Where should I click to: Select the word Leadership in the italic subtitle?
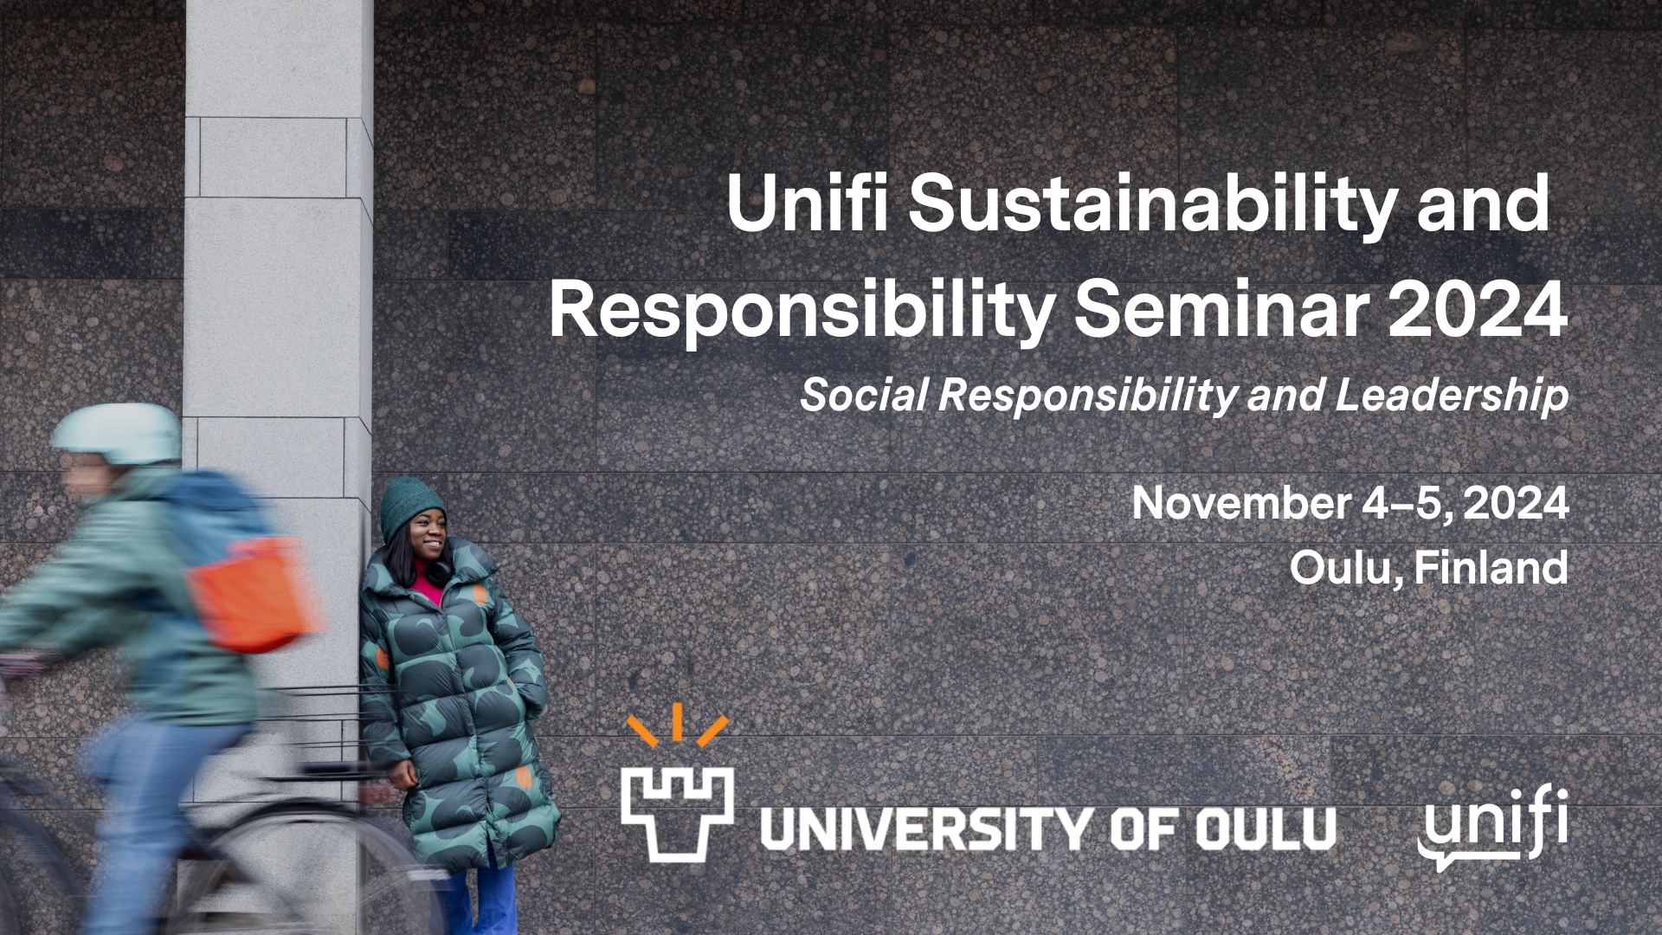tap(1452, 395)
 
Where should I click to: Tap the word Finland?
tap(1491, 567)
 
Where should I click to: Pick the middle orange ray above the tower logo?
tap(677, 722)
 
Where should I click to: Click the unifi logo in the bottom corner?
tap(1493, 827)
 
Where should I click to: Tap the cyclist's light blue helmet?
tap(117, 434)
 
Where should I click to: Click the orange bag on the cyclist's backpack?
tap(251, 594)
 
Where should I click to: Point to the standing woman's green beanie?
tap(412, 508)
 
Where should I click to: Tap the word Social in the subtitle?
tap(864, 395)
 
